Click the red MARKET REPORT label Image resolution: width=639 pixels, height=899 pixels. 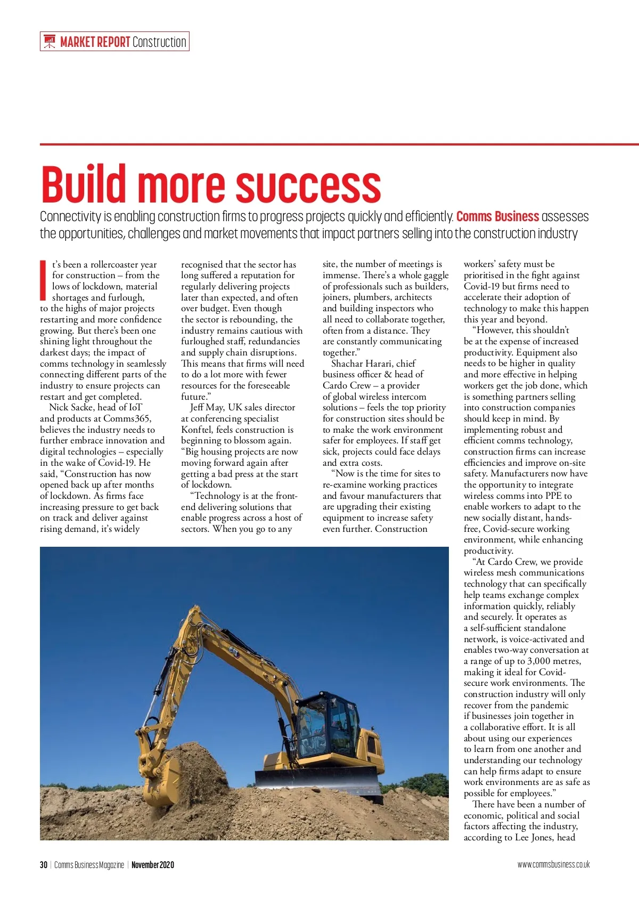tap(95, 42)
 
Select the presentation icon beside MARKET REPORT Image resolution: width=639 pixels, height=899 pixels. tap(50, 42)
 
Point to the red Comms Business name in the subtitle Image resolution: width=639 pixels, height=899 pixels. tap(497, 217)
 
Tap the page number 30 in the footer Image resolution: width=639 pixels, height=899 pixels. tap(44, 864)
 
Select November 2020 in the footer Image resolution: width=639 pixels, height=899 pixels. tap(153, 864)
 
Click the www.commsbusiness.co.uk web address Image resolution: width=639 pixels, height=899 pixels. tap(553, 864)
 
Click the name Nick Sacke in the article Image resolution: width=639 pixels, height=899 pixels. tap(71, 408)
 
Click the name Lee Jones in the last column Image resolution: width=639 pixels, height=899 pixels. tap(534, 838)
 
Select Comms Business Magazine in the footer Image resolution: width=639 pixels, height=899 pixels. tap(89, 864)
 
